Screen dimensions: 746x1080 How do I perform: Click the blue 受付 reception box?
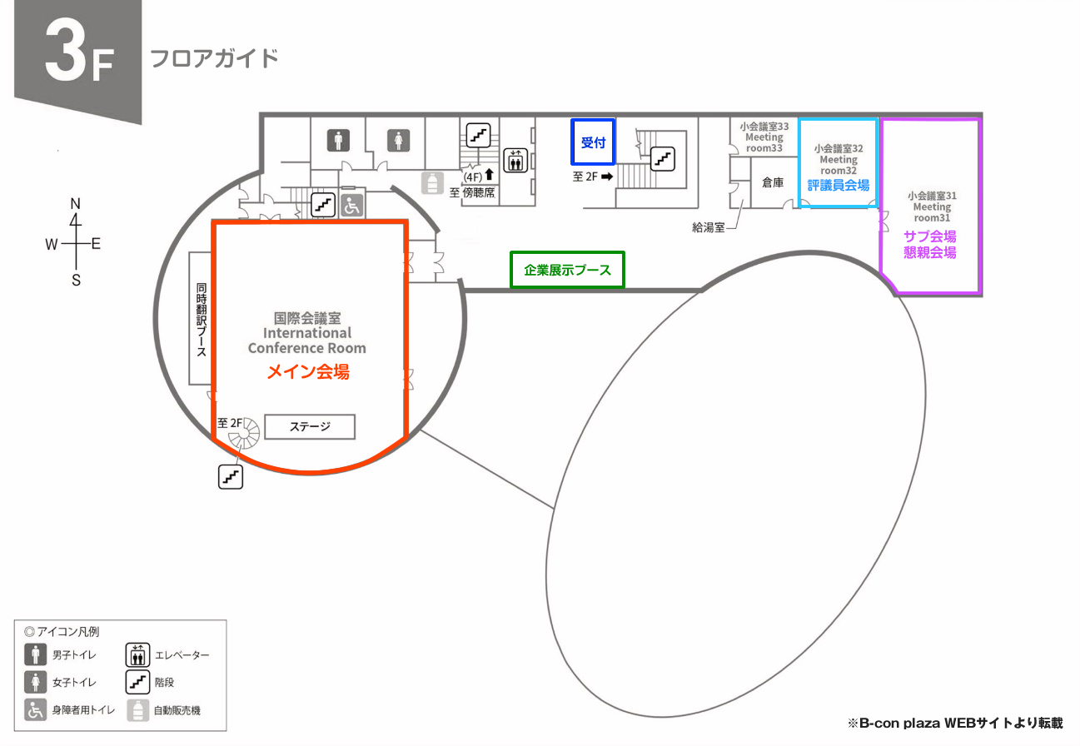(x=593, y=142)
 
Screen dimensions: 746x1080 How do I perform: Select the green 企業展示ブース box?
(x=567, y=270)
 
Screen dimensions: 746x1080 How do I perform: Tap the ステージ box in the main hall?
(x=310, y=427)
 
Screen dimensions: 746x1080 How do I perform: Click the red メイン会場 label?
(x=307, y=372)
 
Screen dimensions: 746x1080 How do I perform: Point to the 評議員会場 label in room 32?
(x=839, y=185)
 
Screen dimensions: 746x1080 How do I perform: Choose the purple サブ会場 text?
(x=930, y=236)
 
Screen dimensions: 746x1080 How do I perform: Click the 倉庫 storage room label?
(x=773, y=182)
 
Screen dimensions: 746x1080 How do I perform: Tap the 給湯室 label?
(x=708, y=226)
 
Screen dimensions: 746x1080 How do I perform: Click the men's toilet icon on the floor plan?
(x=338, y=140)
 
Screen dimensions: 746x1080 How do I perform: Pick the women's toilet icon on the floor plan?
(x=399, y=140)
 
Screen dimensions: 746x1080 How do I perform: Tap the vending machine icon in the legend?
(x=137, y=710)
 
